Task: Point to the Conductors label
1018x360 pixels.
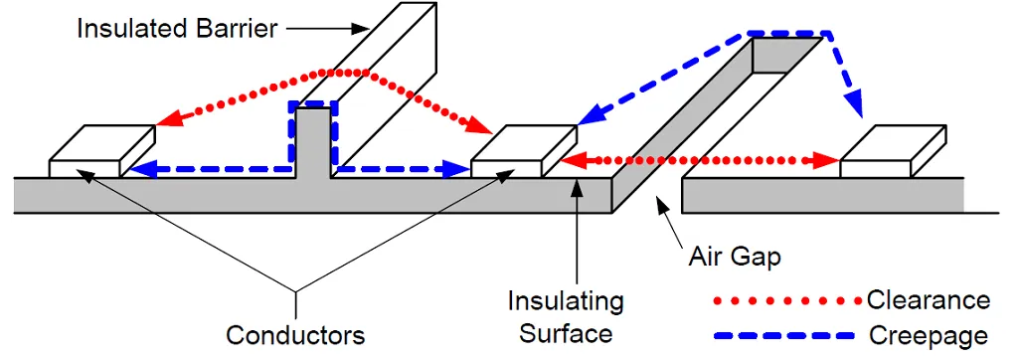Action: [295, 334]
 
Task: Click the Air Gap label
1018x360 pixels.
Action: [735, 257]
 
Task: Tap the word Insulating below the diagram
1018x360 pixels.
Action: [566, 300]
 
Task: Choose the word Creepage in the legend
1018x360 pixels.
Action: [929, 334]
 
